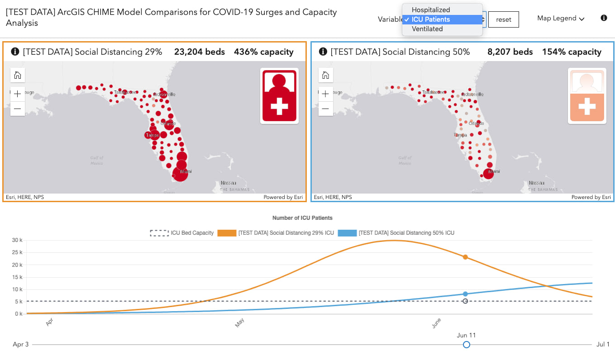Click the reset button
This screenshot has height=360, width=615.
tap(503, 19)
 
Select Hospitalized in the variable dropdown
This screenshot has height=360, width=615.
tap(430, 10)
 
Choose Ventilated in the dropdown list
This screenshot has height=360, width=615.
tap(427, 29)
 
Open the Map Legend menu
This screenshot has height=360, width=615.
tap(560, 19)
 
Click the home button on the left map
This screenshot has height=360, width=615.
tap(18, 75)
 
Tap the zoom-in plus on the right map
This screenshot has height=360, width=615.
tap(325, 94)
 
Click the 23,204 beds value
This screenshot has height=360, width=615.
tap(199, 52)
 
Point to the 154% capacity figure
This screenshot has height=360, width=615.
tap(572, 52)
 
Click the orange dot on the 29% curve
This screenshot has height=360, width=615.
tap(465, 257)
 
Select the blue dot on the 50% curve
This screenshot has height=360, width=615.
tap(465, 294)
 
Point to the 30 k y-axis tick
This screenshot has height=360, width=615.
tap(18, 240)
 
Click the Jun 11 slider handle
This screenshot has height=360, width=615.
tap(467, 345)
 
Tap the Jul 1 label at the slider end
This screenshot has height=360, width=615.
tap(603, 345)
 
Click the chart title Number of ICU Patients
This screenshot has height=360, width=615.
tap(302, 218)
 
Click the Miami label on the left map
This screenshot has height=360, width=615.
tap(186, 172)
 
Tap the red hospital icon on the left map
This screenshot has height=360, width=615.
tap(279, 95)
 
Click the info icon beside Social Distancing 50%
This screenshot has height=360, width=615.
tap(323, 52)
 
